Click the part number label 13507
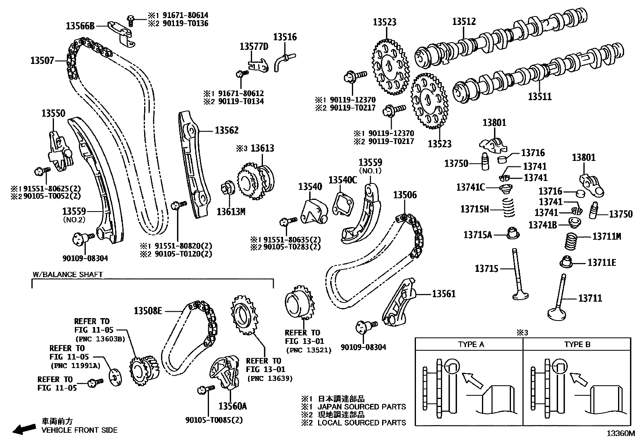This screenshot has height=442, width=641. pyautogui.click(x=42, y=61)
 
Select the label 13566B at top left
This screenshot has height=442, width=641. pyautogui.click(x=80, y=26)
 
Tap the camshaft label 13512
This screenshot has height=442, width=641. pyautogui.click(x=464, y=21)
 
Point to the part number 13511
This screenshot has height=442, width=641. pyautogui.click(x=540, y=97)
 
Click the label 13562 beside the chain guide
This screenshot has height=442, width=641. pyautogui.click(x=226, y=130)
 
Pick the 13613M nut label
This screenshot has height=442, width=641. pyautogui.click(x=231, y=211)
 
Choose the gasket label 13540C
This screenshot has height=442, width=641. pyautogui.click(x=343, y=180)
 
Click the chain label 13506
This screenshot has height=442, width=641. pyautogui.click(x=405, y=195)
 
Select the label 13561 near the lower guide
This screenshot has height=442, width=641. pyautogui.click(x=444, y=294)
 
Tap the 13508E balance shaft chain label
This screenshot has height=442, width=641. pyautogui.click(x=148, y=310)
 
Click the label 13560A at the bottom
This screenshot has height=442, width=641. pyautogui.click(x=232, y=406)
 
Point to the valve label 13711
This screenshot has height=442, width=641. pyautogui.click(x=590, y=298)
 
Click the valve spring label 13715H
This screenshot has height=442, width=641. pyautogui.click(x=474, y=209)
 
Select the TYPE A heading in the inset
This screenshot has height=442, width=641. pyautogui.click(x=471, y=344)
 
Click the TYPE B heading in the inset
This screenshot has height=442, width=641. pyautogui.click(x=577, y=344)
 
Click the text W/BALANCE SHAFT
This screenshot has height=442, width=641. pyautogui.click(x=68, y=275)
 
